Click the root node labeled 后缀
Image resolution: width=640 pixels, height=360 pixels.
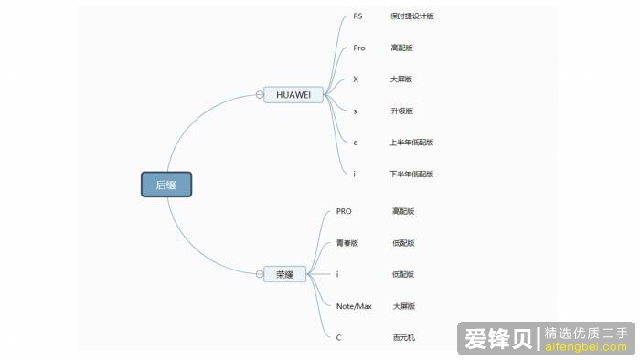click(165, 185)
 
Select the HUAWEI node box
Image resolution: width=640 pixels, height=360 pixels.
click(293, 94)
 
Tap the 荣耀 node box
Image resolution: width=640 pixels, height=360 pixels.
click(284, 273)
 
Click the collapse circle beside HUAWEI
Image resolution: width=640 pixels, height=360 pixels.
click(260, 94)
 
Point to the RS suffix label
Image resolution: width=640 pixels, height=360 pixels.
click(357, 16)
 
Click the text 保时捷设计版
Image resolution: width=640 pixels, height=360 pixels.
click(406, 16)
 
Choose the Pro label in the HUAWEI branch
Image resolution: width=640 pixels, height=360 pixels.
click(358, 48)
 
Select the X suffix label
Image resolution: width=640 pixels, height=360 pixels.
click(356, 79)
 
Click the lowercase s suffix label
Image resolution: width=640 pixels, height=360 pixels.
click(355, 111)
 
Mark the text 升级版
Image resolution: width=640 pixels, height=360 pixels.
click(401, 111)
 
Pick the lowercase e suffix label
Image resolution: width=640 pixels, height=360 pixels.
click(355, 143)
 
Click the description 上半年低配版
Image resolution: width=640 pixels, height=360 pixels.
click(411, 143)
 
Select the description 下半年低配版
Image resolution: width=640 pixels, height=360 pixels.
click(411, 174)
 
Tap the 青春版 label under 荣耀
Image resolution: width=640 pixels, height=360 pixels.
click(347, 243)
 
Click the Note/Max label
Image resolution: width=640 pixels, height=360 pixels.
click(354, 306)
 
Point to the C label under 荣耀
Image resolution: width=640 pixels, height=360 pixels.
click(339, 338)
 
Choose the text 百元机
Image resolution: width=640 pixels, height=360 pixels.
click(403, 338)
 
